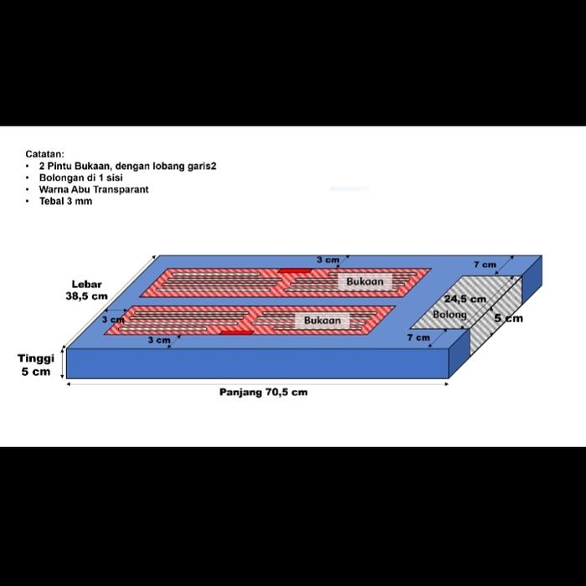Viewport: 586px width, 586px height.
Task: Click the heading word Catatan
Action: (x=44, y=154)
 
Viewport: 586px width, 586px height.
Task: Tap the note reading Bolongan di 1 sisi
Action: (x=80, y=177)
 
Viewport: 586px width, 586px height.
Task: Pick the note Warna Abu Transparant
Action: (x=93, y=189)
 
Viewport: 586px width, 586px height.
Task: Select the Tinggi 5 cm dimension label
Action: (x=36, y=364)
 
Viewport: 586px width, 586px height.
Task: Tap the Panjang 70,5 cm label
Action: (x=263, y=392)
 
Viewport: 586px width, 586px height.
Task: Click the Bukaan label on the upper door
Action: (x=364, y=282)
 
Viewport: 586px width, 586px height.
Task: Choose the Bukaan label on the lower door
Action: (x=322, y=321)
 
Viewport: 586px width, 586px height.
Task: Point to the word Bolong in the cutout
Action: (x=450, y=315)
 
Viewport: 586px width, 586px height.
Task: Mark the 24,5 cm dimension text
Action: (x=465, y=299)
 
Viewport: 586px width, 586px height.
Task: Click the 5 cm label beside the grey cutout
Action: (x=507, y=318)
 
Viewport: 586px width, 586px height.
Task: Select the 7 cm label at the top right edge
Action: (x=485, y=265)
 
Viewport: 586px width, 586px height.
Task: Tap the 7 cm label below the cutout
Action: (x=418, y=337)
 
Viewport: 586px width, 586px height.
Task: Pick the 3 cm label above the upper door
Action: (x=327, y=260)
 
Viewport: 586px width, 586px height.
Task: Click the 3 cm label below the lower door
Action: (x=158, y=340)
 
